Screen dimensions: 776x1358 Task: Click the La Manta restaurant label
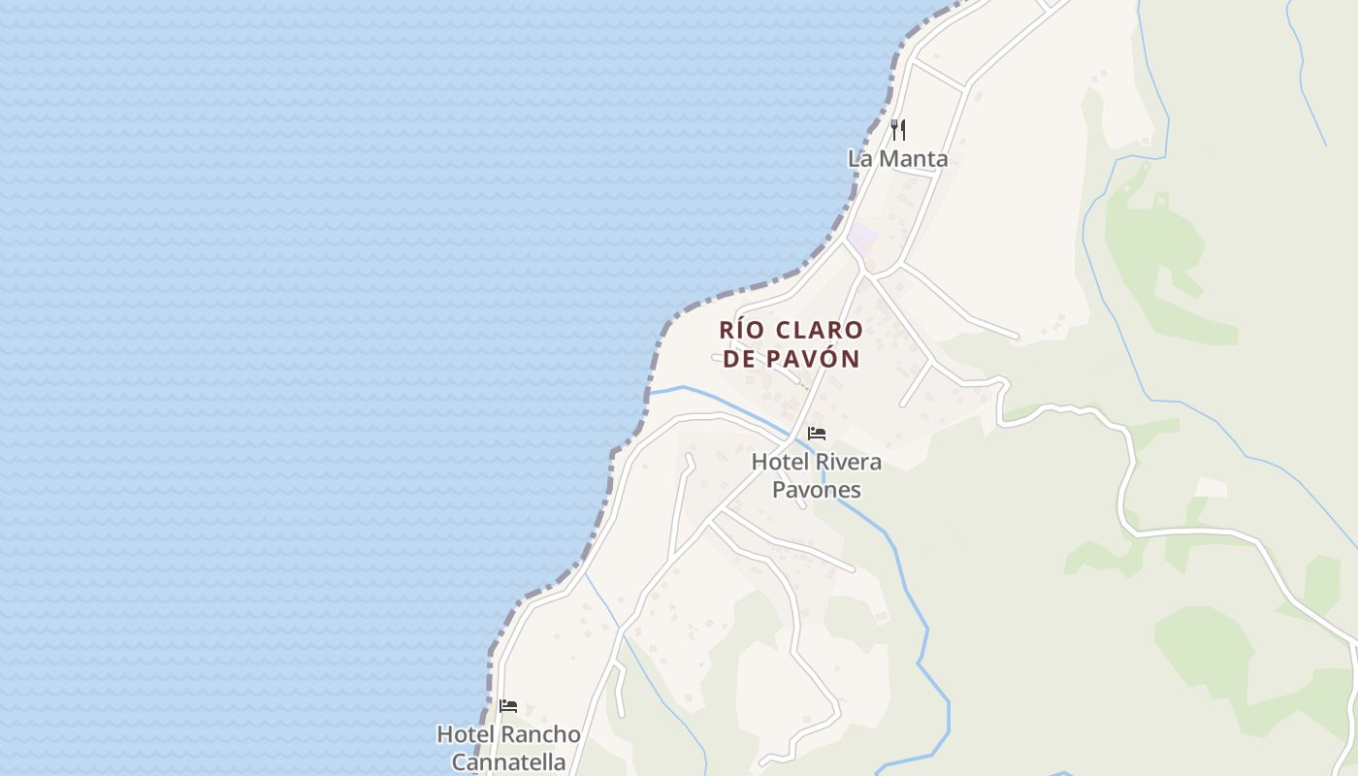click(x=897, y=158)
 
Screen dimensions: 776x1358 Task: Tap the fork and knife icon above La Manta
click(x=898, y=129)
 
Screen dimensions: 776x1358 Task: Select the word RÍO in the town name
click(x=741, y=330)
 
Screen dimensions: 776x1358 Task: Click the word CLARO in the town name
click(x=820, y=330)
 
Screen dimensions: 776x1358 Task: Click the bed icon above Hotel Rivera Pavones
click(x=817, y=433)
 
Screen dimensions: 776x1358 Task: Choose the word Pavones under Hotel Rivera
click(x=816, y=490)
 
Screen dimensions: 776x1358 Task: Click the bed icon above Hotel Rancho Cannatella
click(x=508, y=705)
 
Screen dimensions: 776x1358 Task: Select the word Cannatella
click(x=508, y=761)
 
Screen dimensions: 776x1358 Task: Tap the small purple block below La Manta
click(x=861, y=236)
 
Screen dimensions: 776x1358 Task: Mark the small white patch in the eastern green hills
click(x=1210, y=487)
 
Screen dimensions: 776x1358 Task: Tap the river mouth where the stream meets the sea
click(x=651, y=392)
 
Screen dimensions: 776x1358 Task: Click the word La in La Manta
click(x=859, y=158)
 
